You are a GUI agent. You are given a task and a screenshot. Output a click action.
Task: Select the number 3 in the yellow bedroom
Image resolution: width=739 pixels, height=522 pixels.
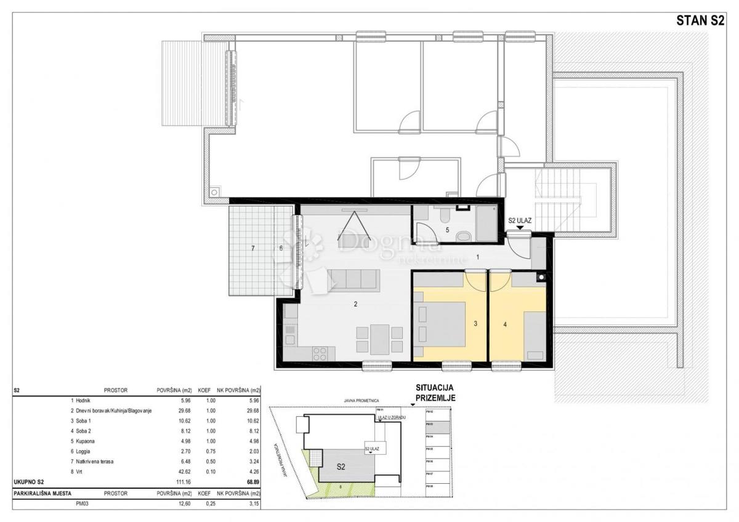(x=475, y=322)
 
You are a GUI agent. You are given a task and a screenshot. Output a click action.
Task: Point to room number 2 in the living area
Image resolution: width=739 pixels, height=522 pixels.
(x=355, y=303)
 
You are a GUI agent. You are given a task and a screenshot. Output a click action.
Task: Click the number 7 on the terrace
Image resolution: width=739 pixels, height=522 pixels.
(x=252, y=248)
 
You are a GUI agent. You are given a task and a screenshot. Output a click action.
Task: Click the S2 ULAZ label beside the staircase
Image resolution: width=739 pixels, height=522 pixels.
(x=520, y=220)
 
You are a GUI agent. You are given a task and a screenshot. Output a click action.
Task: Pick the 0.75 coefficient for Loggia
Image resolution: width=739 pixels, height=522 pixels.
(x=204, y=451)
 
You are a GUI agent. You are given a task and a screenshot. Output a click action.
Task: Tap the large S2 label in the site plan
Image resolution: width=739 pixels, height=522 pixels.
(x=341, y=467)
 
